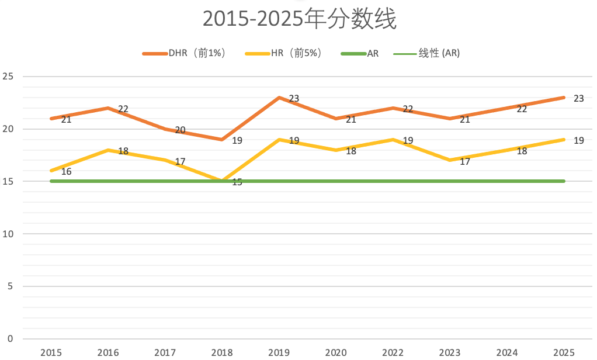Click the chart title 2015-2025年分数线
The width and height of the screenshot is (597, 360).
point(299,19)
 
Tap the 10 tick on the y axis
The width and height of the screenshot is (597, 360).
point(8,234)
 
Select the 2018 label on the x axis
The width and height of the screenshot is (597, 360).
point(223,352)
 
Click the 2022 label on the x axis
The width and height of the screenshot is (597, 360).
point(393,352)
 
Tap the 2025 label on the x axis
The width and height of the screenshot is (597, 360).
point(564,352)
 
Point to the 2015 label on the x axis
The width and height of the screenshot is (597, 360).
point(51,352)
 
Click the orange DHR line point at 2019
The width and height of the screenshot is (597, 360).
point(279,98)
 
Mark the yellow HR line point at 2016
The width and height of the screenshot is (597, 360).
point(108,150)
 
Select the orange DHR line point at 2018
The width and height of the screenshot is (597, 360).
point(223,140)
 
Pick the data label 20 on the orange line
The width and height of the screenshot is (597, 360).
point(180,130)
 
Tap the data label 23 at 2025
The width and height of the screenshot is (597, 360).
point(578,99)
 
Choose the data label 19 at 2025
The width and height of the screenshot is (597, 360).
point(578,141)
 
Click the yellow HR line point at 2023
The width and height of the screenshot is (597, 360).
point(450,160)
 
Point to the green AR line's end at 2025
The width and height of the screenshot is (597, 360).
point(564,181)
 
